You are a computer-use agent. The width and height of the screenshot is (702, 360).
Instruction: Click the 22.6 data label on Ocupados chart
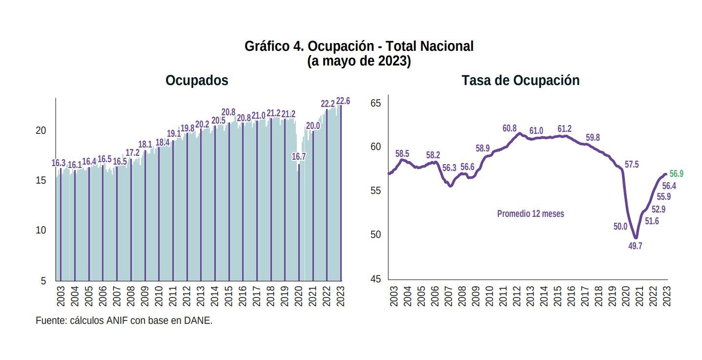coord(343,101)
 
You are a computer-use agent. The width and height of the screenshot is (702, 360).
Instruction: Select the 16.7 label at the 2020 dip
coord(299,156)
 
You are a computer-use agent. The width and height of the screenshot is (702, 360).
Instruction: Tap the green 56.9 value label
coord(676,174)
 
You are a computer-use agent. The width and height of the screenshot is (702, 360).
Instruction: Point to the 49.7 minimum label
coord(635,246)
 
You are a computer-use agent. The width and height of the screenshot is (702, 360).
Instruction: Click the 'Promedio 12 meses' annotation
coord(530,214)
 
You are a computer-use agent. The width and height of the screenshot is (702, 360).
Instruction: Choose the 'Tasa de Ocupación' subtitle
coord(520,81)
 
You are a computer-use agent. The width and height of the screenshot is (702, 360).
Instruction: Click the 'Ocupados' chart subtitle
coord(197,81)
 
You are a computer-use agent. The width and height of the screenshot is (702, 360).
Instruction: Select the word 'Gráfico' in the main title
coord(267,46)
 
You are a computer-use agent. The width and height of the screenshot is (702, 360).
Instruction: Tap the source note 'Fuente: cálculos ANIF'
coord(124,321)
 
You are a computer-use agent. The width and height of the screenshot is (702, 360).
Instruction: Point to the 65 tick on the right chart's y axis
coord(376,103)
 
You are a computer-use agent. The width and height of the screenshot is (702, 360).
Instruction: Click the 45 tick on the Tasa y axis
coord(376,279)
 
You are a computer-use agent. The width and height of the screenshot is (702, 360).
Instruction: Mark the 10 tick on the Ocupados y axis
coord(41,231)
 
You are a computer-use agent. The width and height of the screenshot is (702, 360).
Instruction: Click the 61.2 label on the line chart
coord(564,129)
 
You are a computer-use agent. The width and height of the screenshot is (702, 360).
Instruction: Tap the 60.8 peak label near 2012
coord(509,128)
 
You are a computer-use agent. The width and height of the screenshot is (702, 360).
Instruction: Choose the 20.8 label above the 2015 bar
coord(228,112)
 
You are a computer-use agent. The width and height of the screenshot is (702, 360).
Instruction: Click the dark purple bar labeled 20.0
coord(313,205)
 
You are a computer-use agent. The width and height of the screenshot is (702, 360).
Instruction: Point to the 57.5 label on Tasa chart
coord(632,165)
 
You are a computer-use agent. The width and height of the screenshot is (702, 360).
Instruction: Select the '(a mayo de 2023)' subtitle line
coord(359,62)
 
